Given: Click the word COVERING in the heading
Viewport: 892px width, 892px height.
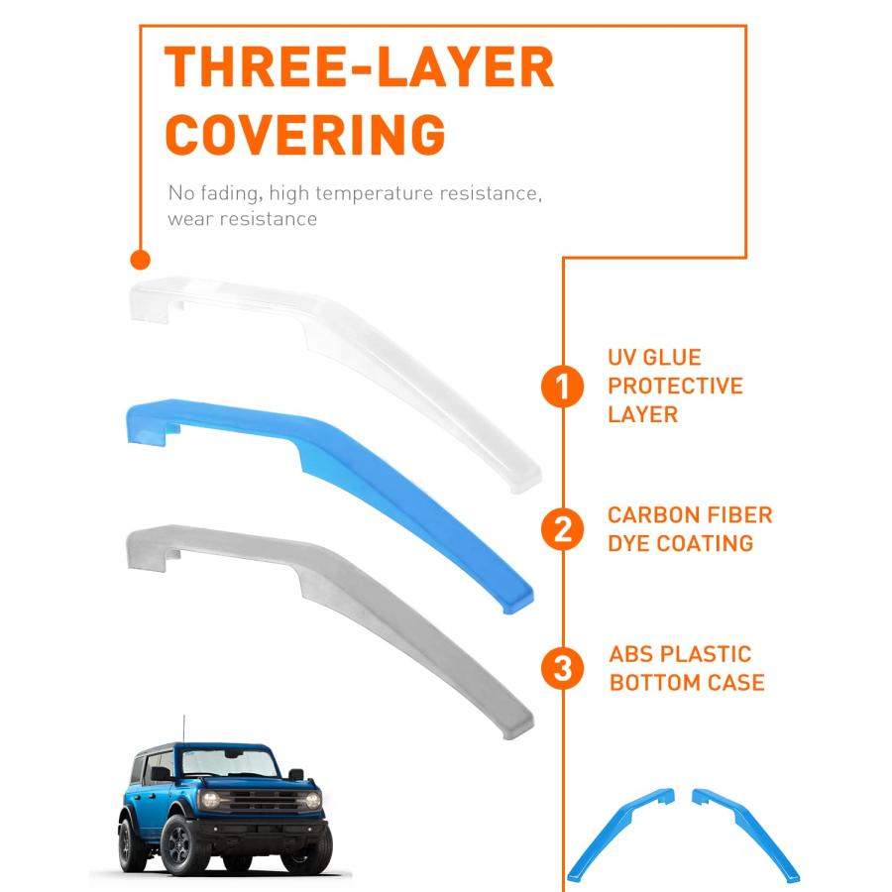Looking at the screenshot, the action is coord(305,134).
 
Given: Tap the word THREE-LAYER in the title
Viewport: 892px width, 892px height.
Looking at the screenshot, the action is coord(359,66).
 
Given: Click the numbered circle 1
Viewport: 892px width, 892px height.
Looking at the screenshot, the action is coord(562,387).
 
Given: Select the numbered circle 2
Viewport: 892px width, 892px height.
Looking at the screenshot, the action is coord(562,529).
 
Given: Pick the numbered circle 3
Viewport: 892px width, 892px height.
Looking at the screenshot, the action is coord(562,668).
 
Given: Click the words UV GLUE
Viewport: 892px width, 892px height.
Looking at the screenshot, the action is coord(654,357).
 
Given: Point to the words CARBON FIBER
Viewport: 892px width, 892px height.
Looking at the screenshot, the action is coord(690,514).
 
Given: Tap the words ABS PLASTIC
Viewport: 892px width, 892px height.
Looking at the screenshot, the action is coord(680,654).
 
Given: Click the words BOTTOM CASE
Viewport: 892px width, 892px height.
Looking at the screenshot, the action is coord(687,683).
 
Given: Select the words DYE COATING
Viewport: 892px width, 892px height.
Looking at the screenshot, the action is coord(680,543).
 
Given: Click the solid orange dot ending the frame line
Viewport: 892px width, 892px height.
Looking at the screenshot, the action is coord(140,260).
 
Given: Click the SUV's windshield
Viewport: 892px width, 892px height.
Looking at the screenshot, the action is coord(229,762).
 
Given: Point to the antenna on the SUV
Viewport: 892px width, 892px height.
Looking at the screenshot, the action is coord(183,728).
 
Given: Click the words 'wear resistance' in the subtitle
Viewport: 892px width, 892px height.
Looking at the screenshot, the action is coord(243,219).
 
